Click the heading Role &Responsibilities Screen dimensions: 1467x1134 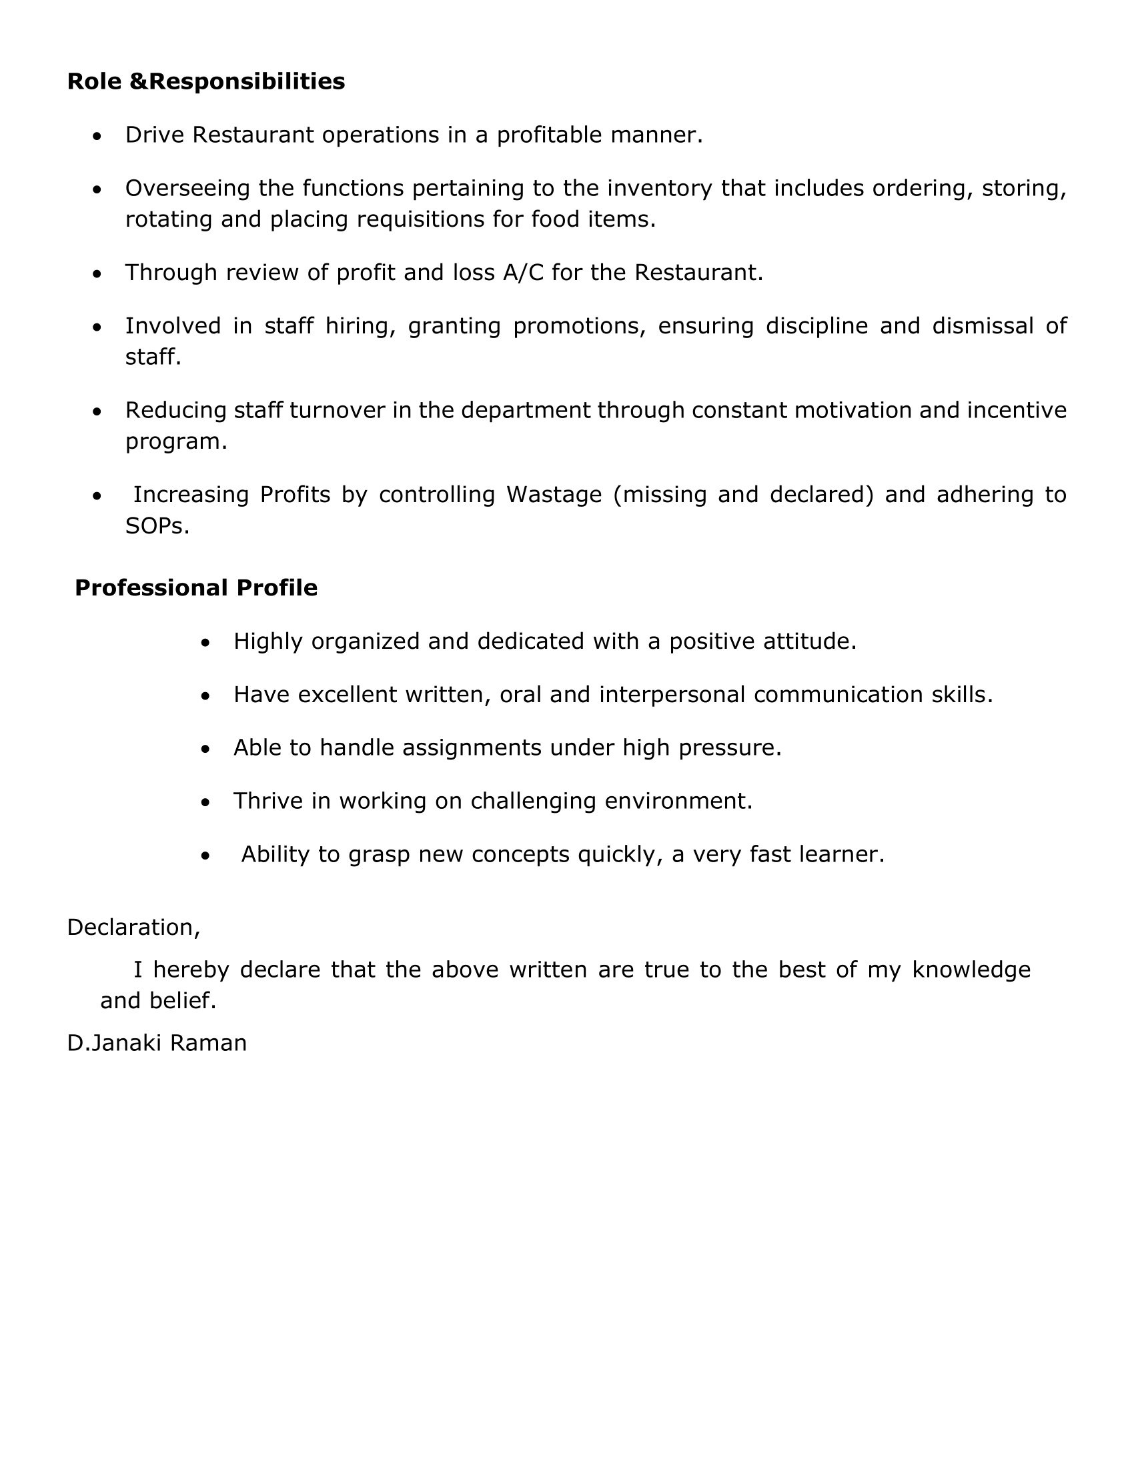tap(205, 81)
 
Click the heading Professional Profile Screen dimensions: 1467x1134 tap(195, 587)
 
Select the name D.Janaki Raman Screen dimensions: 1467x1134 tap(157, 1042)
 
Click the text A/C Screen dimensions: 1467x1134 tap(523, 272)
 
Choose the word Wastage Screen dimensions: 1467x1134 tap(554, 494)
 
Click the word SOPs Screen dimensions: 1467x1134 tap(157, 526)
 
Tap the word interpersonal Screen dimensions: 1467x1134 tap(672, 695)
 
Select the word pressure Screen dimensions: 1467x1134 tap(730, 748)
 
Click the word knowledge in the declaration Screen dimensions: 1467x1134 tap(971, 970)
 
